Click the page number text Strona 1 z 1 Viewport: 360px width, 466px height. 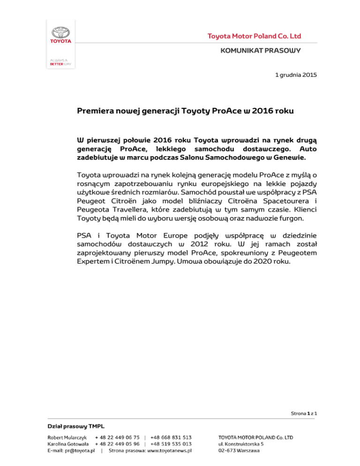coord(304,413)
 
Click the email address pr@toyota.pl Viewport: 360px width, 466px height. coord(82,451)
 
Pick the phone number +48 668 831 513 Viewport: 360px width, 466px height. coord(171,437)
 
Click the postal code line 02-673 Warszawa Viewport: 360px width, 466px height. coord(240,451)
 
